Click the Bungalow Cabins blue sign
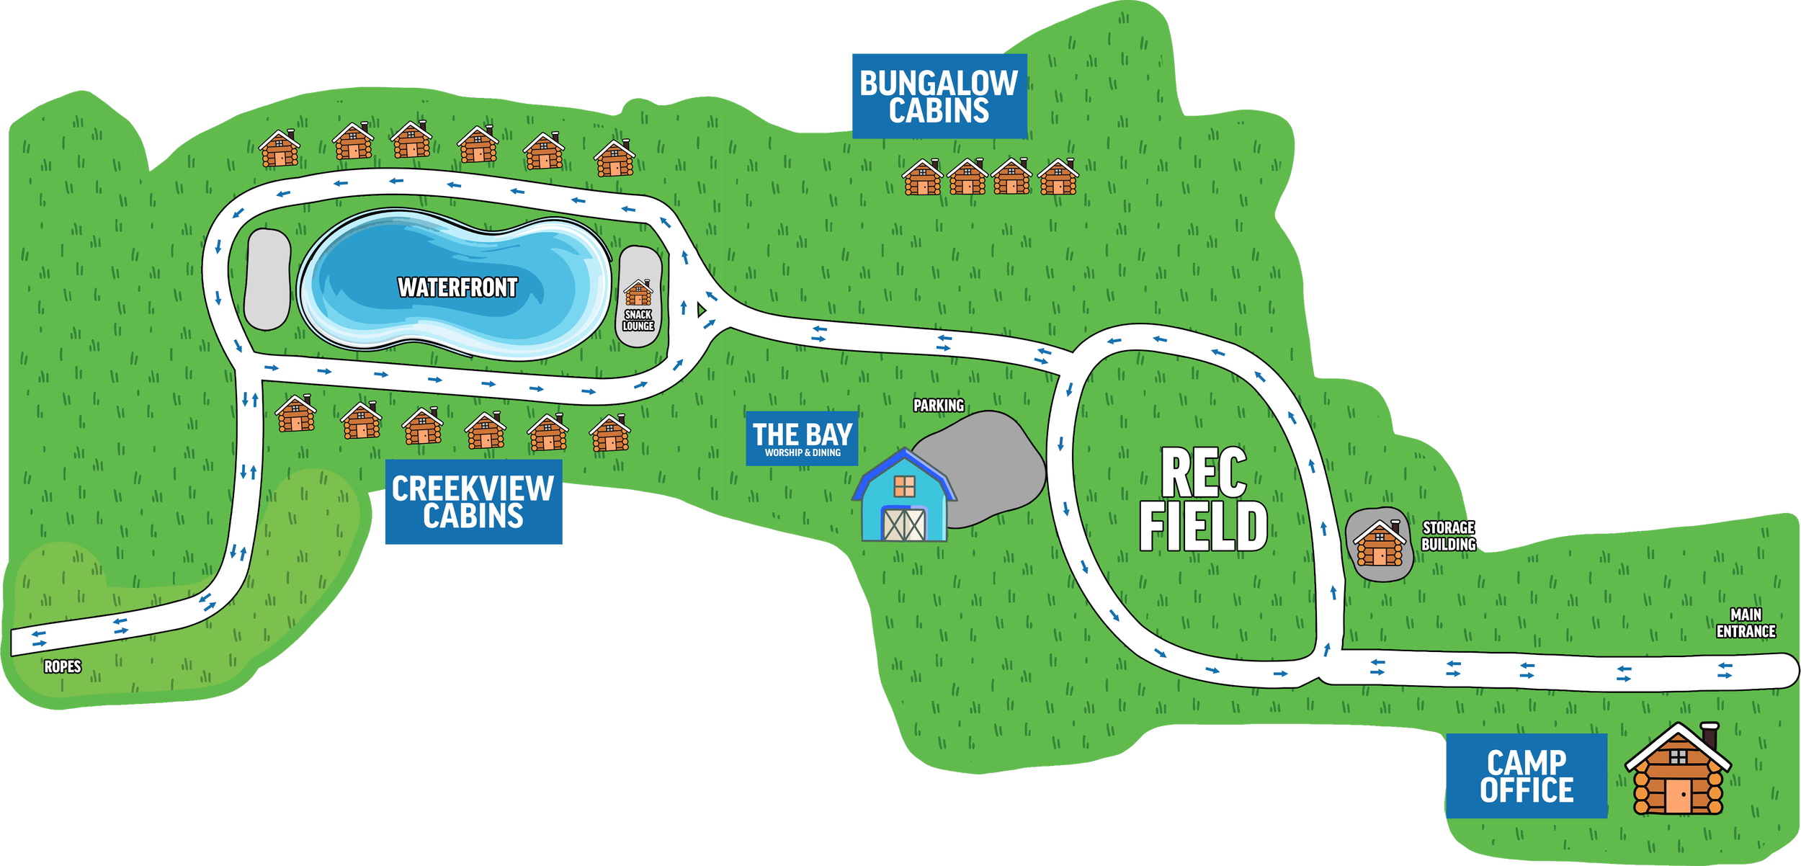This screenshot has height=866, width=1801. pos(939,96)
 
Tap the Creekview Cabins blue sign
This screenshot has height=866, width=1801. pos(473,502)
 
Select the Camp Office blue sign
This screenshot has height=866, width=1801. pos(1527,776)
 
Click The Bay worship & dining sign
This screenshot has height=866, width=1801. pos(802,438)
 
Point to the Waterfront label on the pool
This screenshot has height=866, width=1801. pos(457,287)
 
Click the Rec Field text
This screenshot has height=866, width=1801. pos(1203,499)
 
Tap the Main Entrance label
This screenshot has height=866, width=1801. pos(1746,623)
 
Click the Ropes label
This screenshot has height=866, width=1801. pos(63,666)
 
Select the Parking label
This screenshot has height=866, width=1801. pos(939,406)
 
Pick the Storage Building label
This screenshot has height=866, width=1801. pos(1448,536)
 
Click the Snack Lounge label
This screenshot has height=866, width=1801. pos(638,321)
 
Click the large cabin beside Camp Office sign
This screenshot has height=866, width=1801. pos(1678,771)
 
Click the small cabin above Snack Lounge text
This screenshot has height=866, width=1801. pos(638,293)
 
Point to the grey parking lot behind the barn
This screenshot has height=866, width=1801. pos(994,461)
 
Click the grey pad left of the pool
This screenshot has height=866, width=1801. pos(267,279)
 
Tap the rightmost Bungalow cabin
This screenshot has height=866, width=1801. pos(1058,177)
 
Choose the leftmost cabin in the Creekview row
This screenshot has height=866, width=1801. pos(295,414)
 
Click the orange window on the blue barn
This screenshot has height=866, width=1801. pos(904,487)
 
